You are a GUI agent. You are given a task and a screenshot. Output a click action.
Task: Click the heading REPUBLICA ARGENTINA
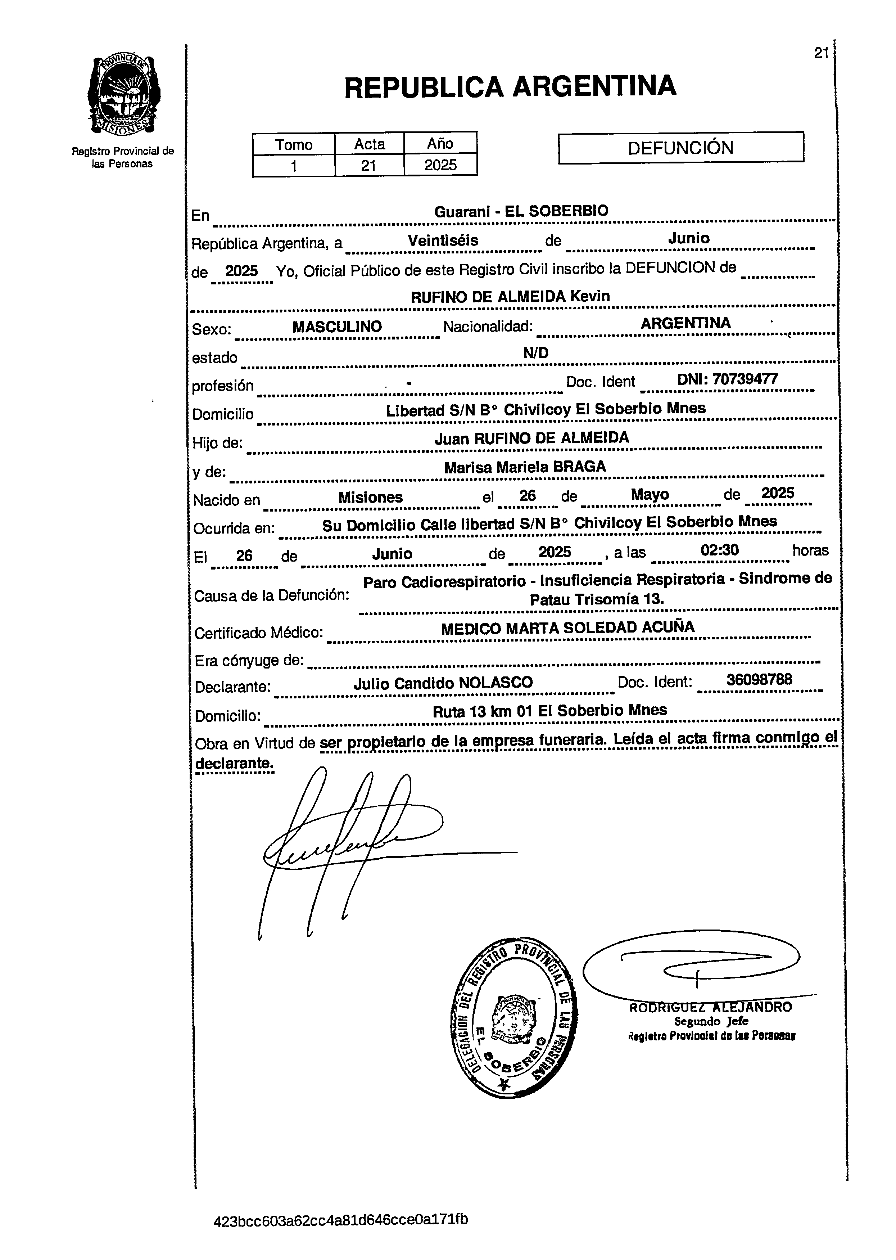[510, 87]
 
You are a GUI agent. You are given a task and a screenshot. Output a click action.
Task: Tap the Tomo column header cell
[294, 145]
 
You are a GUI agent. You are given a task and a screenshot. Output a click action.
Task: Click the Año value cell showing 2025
[440, 165]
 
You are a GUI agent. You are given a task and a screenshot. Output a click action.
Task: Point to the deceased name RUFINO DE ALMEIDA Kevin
[510, 296]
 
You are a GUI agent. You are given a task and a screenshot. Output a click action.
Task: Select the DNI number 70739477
[727, 379]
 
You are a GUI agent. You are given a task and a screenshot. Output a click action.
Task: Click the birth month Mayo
[650, 495]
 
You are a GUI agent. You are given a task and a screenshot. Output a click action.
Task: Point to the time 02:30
[719, 550]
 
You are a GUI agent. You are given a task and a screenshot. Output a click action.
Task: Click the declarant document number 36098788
[759, 679]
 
